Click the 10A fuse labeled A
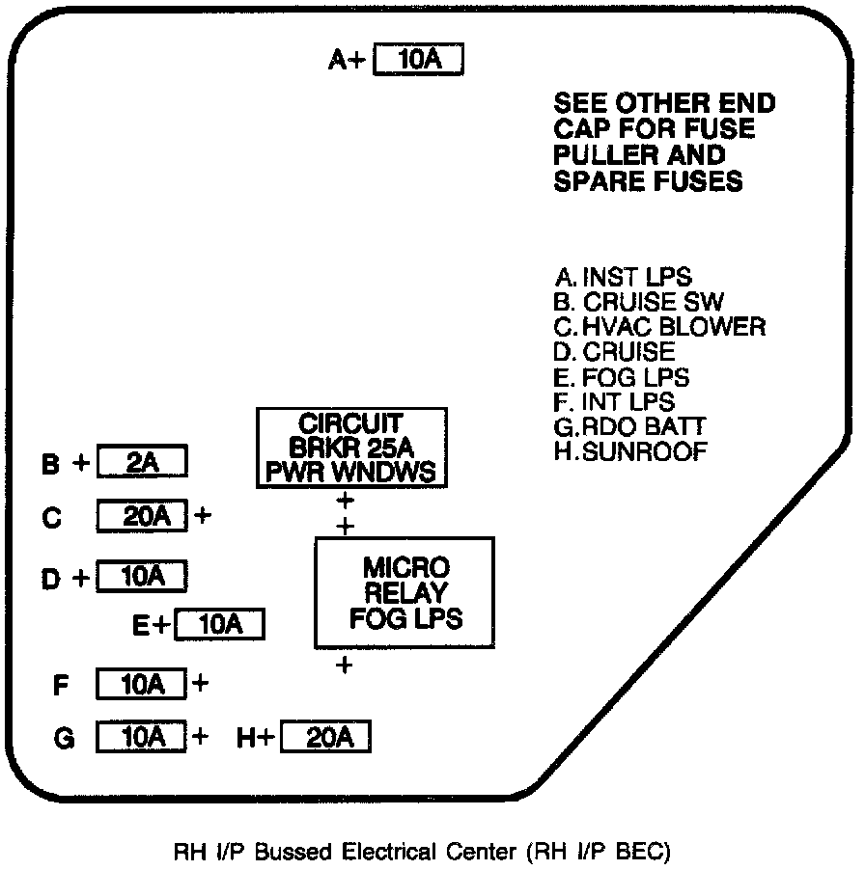click(x=418, y=60)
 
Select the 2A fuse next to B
click(x=141, y=463)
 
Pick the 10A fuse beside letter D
click(x=141, y=577)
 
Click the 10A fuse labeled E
click(x=220, y=625)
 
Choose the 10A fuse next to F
click(x=141, y=685)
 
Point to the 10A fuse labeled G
click(x=141, y=738)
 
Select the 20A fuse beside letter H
click(x=325, y=738)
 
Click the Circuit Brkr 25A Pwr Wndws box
click(x=351, y=448)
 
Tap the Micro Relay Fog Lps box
click(x=405, y=592)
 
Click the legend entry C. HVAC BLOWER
click(x=659, y=326)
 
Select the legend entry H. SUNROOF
click(x=631, y=450)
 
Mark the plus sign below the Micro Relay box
click(x=345, y=665)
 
